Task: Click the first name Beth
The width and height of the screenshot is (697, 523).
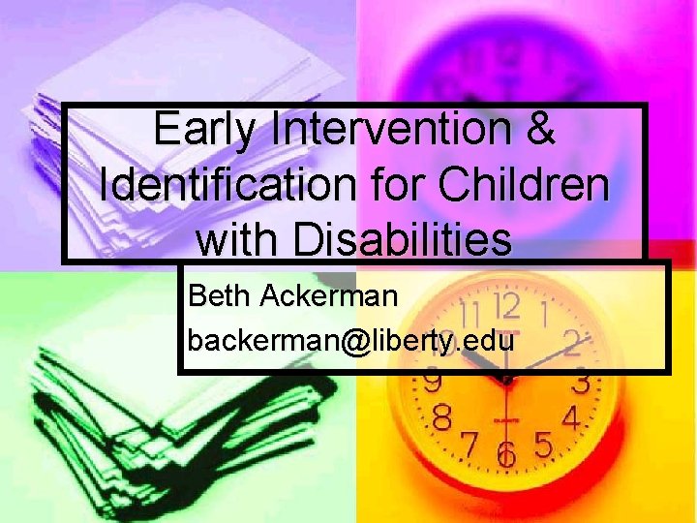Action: [219, 295]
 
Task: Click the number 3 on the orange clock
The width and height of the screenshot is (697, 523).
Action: [580, 383]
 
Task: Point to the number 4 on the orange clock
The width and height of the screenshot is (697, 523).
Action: [571, 420]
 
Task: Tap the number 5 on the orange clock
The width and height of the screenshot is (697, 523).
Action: [543, 445]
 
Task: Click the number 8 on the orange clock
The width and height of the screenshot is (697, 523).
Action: [441, 419]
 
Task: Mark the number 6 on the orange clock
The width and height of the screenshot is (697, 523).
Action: [504, 455]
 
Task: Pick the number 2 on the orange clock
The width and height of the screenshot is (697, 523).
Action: [572, 341]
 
